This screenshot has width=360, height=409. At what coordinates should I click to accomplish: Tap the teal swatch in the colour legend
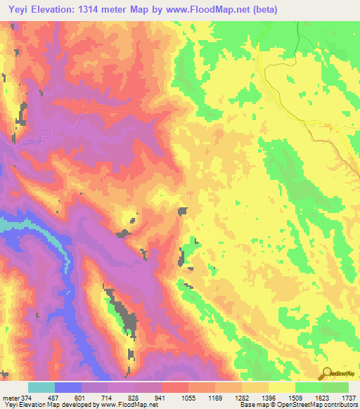(x=41, y=387)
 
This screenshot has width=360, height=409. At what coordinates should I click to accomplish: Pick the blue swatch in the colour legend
(x=68, y=387)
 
